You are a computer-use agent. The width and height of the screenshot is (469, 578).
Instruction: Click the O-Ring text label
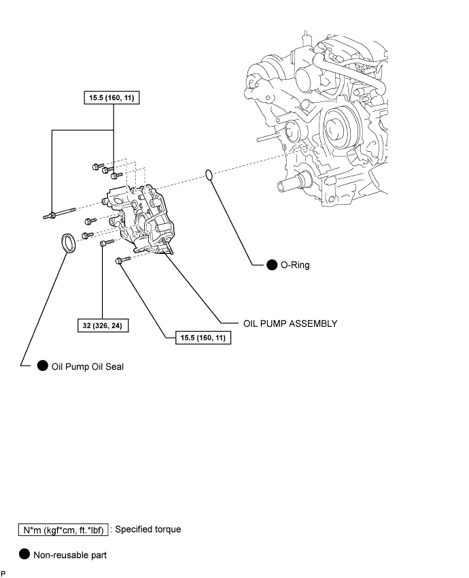click(x=295, y=265)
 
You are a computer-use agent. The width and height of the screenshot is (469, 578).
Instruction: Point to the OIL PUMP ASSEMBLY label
click(x=290, y=323)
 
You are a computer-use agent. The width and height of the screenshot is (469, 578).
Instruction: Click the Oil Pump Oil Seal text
click(x=88, y=367)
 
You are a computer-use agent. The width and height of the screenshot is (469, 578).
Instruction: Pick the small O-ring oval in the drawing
click(x=209, y=175)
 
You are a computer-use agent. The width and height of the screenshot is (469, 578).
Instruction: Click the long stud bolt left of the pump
click(x=59, y=214)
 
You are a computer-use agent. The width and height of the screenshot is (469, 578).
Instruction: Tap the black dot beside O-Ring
click(x=272, y=265)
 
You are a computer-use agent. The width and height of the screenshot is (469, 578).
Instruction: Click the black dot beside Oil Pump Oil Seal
click(x=43, y=366)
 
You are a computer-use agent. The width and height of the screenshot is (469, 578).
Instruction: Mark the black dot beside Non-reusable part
click(x=24, y=554)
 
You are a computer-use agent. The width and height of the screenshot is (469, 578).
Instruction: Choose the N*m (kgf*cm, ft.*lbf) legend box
click(x=63, y=530)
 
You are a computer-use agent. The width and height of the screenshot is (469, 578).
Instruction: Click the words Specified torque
click(x=148, y=530)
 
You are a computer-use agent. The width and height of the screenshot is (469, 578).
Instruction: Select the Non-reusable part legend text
click(x=70, y=555)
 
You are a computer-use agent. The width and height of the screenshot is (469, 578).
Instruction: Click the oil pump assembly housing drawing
click(x=142, y=219)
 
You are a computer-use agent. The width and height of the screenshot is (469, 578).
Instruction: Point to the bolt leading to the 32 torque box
click(x=107, y=242)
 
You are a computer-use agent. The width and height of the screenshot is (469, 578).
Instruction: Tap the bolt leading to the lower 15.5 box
click(x=123, y=260)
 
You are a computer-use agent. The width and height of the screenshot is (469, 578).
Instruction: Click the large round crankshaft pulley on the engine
click(x=337, y=128)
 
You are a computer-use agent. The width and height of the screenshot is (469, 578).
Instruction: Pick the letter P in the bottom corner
click(x=3, y=574)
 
